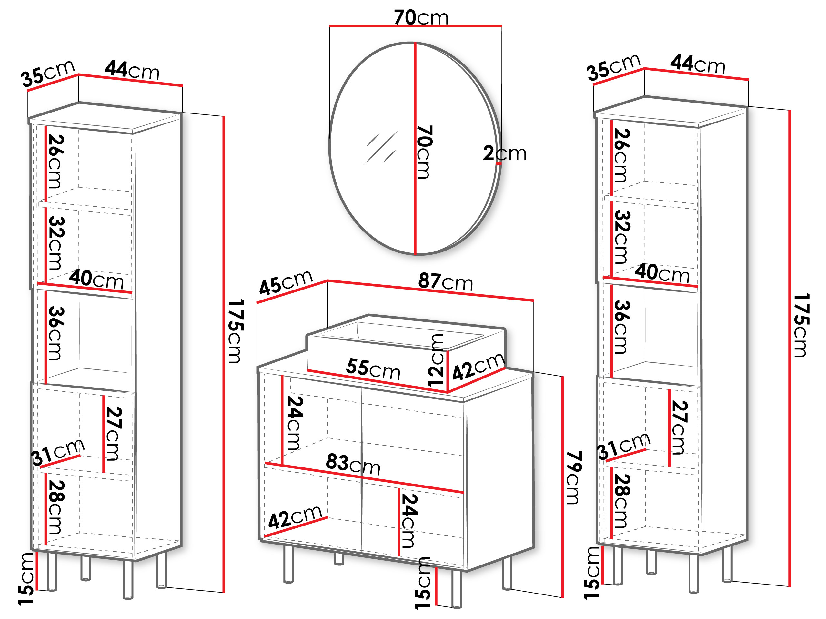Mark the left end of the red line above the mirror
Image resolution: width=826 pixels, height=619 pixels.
click(330, 26)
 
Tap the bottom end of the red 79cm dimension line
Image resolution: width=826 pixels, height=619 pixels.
click(562, 597)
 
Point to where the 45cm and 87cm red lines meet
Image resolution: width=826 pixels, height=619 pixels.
click(327, 280)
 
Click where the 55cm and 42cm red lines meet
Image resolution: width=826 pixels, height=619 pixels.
click(447, 392)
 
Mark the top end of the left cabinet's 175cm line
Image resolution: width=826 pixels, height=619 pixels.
click(224, 117)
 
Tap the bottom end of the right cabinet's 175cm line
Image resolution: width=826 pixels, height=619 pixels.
click(790, 586)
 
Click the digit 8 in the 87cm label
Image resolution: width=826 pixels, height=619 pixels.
click(424, 280)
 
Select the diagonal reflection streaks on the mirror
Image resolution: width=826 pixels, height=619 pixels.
click(380, 147)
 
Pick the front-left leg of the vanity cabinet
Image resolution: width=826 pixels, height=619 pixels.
click(288, 564)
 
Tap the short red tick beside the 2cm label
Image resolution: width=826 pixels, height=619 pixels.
click(499, 163)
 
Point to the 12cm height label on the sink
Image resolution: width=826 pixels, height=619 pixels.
click(436, 360)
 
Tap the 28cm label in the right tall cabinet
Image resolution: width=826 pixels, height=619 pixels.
click(621, 501)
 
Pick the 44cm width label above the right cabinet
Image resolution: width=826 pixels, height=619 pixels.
click(698, 64)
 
